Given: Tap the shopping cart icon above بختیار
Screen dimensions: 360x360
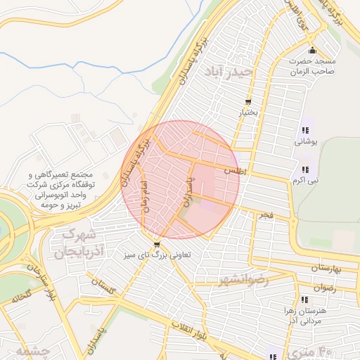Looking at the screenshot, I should [248, 103].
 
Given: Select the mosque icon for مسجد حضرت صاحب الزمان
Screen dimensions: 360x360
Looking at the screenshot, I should [312, 51].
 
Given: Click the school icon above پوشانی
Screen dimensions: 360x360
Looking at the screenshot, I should [305, 130].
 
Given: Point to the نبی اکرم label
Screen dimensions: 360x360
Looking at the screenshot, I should [305, 181].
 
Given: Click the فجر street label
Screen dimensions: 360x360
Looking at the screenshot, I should [265, 214].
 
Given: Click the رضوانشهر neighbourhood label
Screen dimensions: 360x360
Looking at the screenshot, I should [264, 279].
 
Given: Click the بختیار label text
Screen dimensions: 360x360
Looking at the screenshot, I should [251, 112].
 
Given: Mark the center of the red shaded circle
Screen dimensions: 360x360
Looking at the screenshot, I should [180, 180].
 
